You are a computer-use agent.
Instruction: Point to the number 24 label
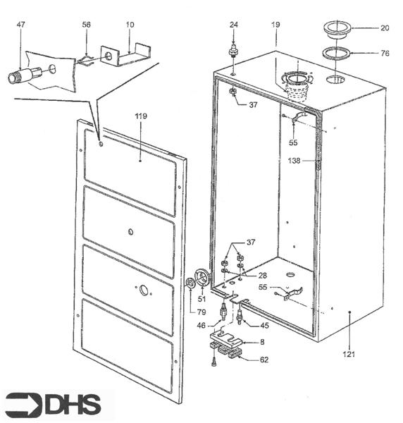(233, 25)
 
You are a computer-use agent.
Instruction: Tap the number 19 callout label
(275, 25)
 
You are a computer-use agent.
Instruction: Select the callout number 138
(294, 161)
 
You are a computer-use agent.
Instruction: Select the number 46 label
(201, 325)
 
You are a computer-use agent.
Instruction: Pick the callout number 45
(265, 325)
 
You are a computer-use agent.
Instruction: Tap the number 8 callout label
(261, 342)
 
